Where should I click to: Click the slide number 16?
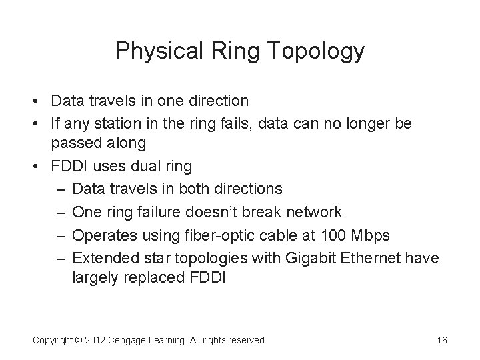(x=441, y=340)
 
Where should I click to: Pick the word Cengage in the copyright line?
(x=136, y=340)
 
